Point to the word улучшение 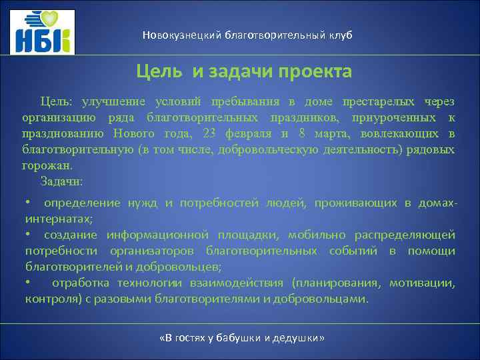click(111, 102)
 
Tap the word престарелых click(379, 102)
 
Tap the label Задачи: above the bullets click(61, 181)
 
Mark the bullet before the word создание click(28, 235)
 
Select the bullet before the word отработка click(28, 283)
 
